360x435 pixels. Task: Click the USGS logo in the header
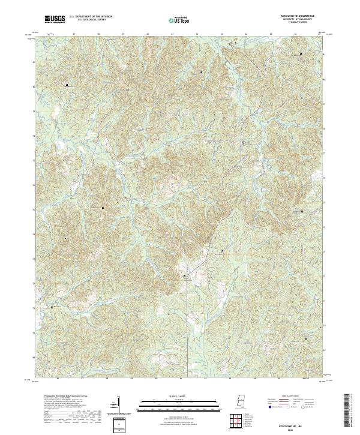(x=55, y=20)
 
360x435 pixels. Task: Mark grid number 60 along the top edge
(x=148, y=34)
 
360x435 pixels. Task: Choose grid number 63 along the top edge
(x=222, y=34)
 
